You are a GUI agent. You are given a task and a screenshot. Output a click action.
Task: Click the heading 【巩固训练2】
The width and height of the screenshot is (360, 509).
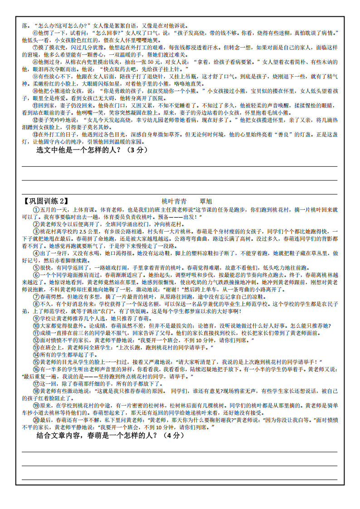44,201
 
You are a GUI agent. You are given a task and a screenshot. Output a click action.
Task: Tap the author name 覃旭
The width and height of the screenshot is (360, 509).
206,201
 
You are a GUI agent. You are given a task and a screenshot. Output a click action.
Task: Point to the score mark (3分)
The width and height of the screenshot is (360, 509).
137,150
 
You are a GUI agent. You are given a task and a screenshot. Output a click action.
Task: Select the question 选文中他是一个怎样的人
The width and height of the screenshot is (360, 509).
80,150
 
